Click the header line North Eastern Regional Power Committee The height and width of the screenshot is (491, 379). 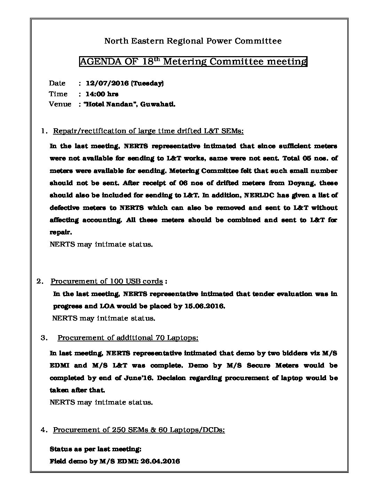click(193, 41)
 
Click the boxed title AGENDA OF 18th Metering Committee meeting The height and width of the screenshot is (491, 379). click(193, 62)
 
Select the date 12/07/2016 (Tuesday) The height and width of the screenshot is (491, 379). click(125, 83)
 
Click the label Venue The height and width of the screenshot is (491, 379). click(60, 104)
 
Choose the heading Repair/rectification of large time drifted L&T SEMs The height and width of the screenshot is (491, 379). click(148, 131)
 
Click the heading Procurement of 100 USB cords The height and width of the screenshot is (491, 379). click(107, 281)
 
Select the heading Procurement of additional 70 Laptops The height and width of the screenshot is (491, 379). click(128, 338)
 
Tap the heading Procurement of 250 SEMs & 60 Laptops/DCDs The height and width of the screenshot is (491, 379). click(139, 430)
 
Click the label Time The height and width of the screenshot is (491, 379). click(58, 94)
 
